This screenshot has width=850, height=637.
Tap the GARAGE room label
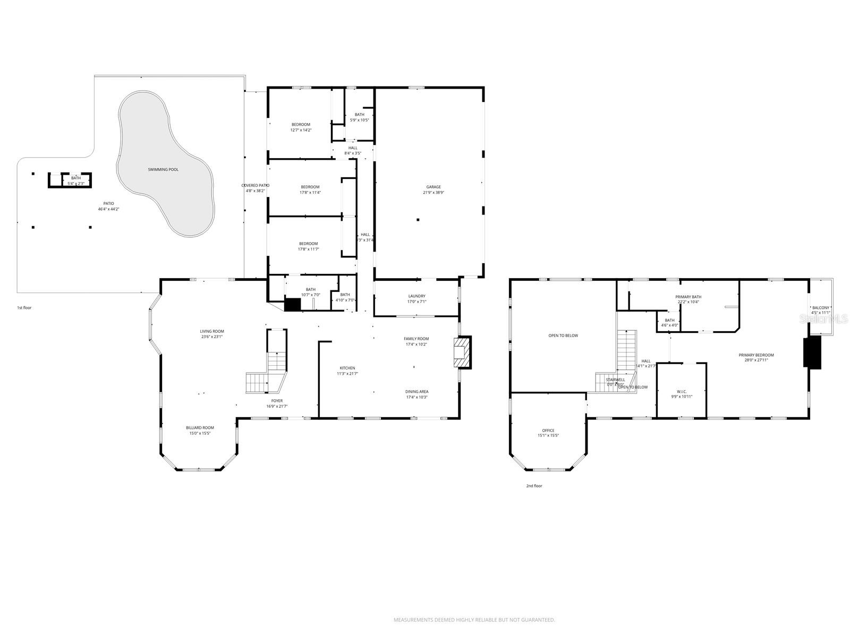pyautogui.click(x=433, y=187)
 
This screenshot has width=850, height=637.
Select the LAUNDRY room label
pyautogui.click(x=416, y=296)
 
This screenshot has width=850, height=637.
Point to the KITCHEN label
pyautogui.click(x=347, y=368)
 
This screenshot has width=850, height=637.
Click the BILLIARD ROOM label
pyautogui.click(x=200, y=428)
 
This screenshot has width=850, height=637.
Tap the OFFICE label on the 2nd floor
pyautogui.click(x=548, y=431)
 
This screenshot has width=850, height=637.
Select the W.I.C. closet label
pyautogui.click(x=682, y=391)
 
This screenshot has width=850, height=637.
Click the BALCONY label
pyautogui.click(x=821, y=308)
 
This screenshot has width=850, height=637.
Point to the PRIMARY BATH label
pyautogui.click(x=688, y=297)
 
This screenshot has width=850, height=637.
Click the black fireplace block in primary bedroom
pyautogui.click(x=812, y=352)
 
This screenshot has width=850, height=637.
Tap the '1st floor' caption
pyautogui.click(x=24, y=308)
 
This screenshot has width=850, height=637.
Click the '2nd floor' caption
pyautogui.click(x=534, y=486)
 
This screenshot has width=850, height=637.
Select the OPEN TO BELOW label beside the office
pyautogui.click(x=563, y=335)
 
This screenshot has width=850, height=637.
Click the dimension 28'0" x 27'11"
pyautogui.click(x=756, y=360)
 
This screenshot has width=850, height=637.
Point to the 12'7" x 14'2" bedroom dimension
pyautogui.click(x=301, y=130)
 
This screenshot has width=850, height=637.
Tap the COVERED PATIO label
pyautogui.click(x=256, y=185)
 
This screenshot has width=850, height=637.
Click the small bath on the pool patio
pyautogui.click(x=76, y=180)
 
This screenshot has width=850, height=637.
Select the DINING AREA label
pyautogui.click(x=416, y=392)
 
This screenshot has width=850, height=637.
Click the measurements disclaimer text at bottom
pyautogui.click(x=474, y=619)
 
